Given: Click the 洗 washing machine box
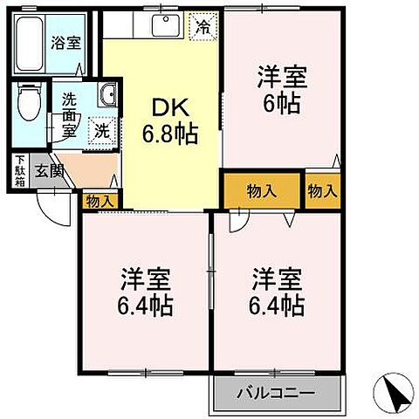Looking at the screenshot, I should click(x=102, y=131).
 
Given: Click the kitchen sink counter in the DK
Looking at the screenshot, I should click(x=165, y=25).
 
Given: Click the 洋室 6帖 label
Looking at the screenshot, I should click(x=278, y=90).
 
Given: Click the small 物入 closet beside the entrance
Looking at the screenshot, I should click(x=100, y=201).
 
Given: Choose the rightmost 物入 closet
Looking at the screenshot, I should click(x=323, y=191).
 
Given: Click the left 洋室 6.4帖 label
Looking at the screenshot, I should click(x=146, y=292).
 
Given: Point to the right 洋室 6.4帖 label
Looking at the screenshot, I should click(x=278, y=292).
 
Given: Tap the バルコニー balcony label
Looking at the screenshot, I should click(x=275, y=393).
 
